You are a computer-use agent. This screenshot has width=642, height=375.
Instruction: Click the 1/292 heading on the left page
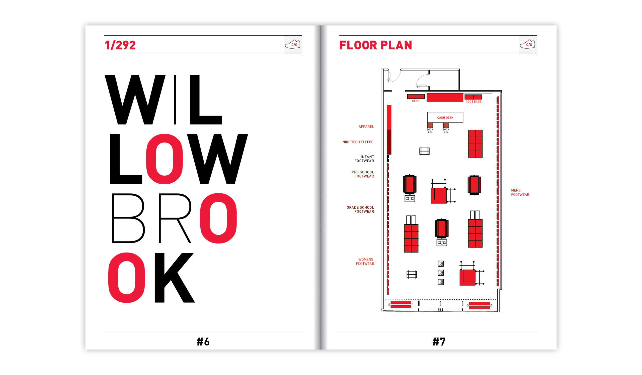(120, 45)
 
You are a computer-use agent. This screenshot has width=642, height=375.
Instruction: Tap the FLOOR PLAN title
(375, 45)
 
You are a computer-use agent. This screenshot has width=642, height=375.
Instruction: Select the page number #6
(203, 342)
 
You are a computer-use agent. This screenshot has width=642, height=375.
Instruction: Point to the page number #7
(439, 342)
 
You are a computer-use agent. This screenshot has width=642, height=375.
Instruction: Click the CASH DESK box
(445, 117)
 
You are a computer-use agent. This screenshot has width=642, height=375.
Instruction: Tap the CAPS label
(416, 101)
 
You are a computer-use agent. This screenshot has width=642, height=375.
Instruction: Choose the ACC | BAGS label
(473, 101)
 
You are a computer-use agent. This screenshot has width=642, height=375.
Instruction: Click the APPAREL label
(366, 127)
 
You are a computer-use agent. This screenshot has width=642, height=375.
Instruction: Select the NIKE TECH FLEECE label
(358, 142)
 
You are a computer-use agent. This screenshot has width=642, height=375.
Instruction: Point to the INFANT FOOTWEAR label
(364, 159)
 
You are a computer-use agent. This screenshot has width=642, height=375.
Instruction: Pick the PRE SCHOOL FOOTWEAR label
(363, 174)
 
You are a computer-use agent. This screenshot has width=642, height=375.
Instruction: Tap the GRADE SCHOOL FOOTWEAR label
(360, 209)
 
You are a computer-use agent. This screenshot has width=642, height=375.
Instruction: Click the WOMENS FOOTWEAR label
(365, 262)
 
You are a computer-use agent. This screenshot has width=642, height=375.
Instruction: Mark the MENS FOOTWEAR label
(520, 192)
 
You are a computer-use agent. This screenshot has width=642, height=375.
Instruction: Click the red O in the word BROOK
(218, 218)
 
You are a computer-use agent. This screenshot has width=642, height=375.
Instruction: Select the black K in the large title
(175, 278)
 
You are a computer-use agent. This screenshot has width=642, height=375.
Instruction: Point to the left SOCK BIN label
(430, 131)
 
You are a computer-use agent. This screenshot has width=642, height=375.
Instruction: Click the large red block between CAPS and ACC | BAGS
(445, 97)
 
